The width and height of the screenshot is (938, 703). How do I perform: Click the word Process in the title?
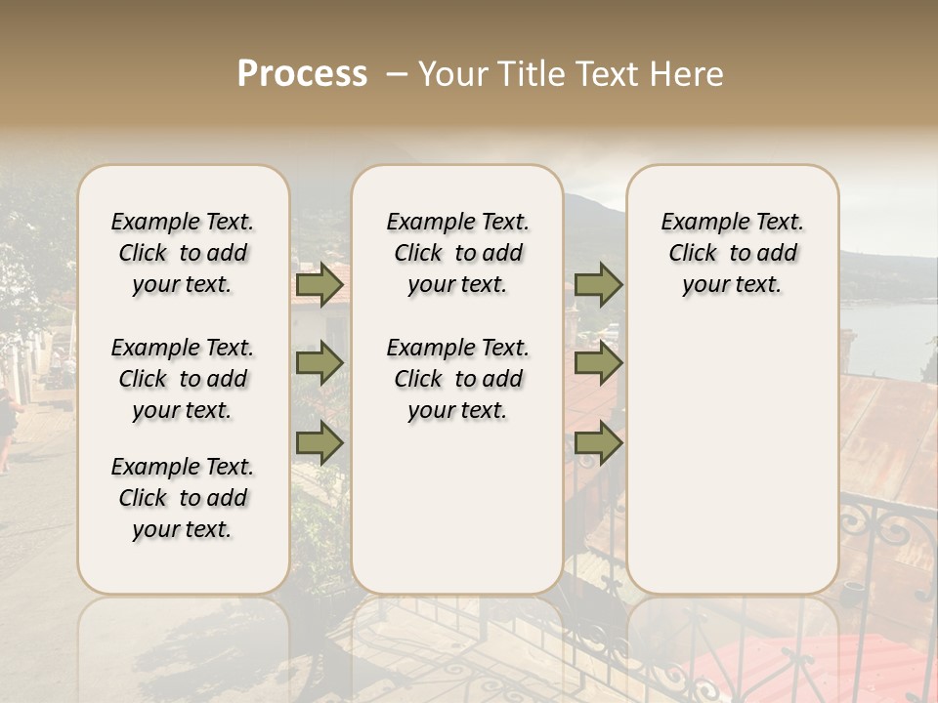(x=302, y=74)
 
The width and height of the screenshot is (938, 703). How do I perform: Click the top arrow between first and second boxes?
(x=320, y=285)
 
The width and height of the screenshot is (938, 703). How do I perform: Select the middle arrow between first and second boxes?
(x=320, y=364)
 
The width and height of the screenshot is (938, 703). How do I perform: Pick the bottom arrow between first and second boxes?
(x=320, y=443)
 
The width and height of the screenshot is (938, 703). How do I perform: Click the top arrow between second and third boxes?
(x=598, y=285)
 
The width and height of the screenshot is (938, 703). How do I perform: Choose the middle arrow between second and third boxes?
(x=598, y=364)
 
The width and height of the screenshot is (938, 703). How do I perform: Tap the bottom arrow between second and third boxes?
(x=598, y=443)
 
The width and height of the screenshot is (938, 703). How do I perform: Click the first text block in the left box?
(x=183, y=253)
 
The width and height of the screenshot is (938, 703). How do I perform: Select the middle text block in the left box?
(x=183, y=379)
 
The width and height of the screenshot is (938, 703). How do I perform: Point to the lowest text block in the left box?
(x=183, y=498)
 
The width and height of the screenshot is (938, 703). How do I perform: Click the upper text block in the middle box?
(x=457, y=253)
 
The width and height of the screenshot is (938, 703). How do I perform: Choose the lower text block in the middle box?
(x=457, y=379)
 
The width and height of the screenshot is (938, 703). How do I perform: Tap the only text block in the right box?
(x=732, y=253)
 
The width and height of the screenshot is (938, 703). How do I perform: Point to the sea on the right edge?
(x=891, y=337)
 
